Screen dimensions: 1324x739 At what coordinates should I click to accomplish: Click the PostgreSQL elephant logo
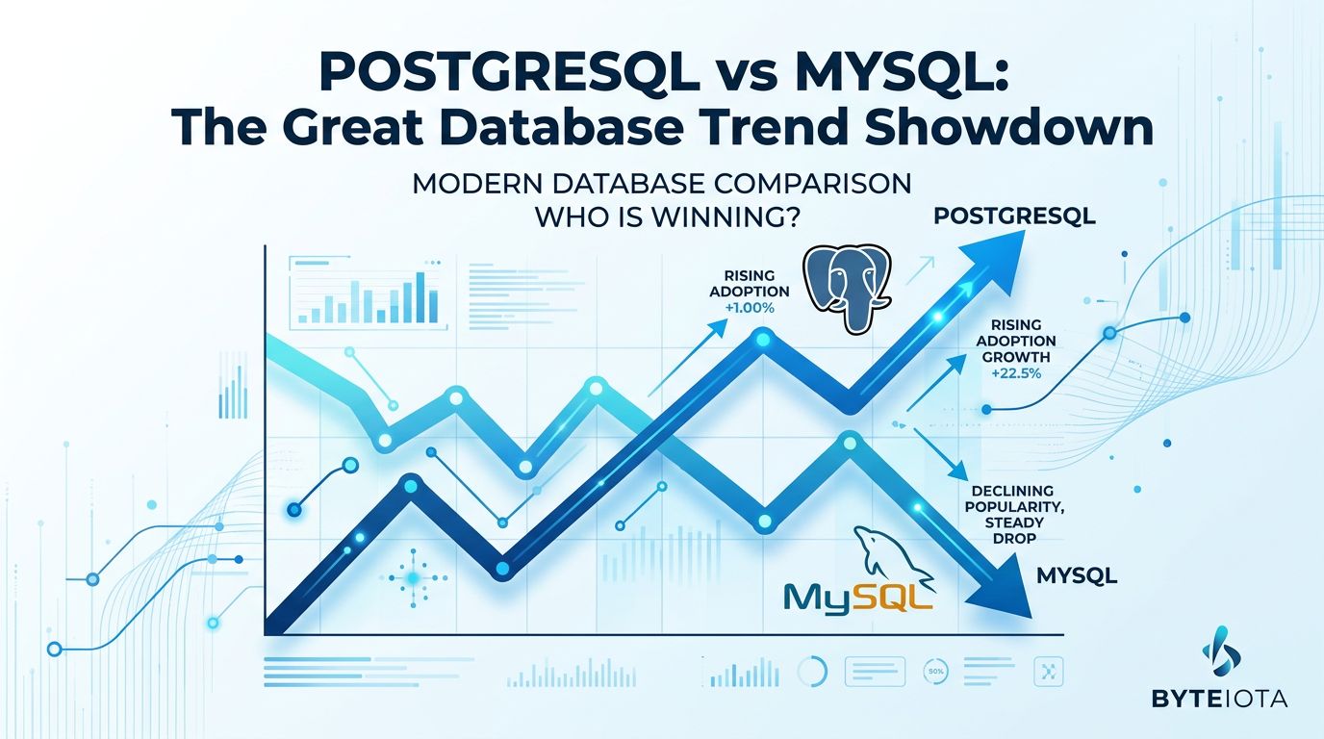pos(847,290)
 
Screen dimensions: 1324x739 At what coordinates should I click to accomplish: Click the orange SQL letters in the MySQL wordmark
pos(894,598)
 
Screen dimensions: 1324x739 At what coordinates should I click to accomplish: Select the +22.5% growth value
pos(1016,373)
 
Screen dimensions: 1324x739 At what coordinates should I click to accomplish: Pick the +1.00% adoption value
pos(750,308)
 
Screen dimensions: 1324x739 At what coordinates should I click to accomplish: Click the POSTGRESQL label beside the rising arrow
pos(1014,217)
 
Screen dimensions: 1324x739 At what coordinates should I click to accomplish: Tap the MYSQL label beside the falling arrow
pos(1077,575)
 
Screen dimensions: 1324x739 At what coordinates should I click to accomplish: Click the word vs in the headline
pos(743,76)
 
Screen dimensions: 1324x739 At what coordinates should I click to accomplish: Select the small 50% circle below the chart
pos(935,672)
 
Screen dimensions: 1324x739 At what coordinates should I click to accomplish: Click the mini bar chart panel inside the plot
pos(368,293)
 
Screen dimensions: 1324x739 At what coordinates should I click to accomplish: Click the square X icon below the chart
pos(1049,672)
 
